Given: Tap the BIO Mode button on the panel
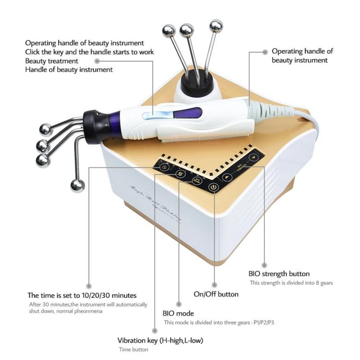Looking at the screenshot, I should [195, 180].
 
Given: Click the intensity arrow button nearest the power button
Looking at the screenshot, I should [226, 177].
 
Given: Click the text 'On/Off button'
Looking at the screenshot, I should [216, 294].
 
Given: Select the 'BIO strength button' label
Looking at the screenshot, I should [279, 274].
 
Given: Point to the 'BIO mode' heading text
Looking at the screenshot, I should [179, 314].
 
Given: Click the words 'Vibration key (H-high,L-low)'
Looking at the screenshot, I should [163, 340].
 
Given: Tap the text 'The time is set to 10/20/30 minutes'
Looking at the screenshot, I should [82, 296].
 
